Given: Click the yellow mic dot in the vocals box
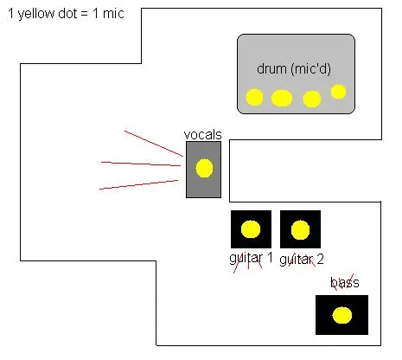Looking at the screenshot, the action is click(204, 168).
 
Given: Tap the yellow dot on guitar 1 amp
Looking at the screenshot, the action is click(251, 229).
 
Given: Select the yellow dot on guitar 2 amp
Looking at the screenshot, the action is click(300, 230).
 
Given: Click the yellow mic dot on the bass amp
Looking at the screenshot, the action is click(342, 315).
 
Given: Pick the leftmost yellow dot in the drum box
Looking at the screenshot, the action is click(254, 97).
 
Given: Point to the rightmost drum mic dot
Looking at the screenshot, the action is click(338, 92).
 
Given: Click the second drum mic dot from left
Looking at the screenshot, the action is click(282, 98).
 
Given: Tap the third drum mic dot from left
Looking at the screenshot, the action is click(312, 99).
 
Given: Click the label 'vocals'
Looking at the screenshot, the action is click(203, 135).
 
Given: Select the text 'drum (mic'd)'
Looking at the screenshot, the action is click(294, 69).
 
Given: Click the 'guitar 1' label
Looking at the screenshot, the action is click(251, 258).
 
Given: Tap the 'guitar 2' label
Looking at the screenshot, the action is click(302, 260).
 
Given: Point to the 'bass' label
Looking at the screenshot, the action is click(345, 282).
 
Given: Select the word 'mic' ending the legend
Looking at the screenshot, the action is click(113, 14).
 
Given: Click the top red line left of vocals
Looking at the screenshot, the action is click(154, 144).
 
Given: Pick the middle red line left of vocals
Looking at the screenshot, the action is click(141, 164).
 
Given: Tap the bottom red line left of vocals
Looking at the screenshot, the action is click(138, 184).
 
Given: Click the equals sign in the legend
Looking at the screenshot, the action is click(85, 14).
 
